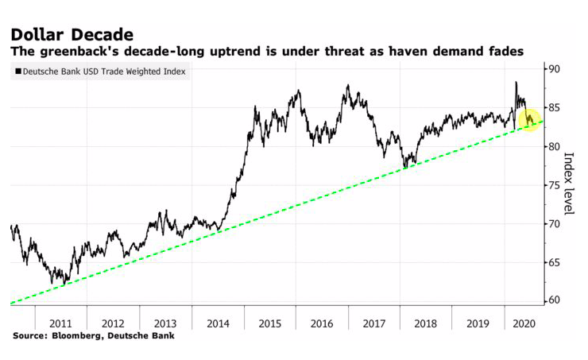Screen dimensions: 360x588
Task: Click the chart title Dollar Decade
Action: [x=72, y=34]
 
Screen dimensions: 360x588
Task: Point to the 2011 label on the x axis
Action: [x=60, y=323]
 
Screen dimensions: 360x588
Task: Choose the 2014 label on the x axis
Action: [x=217, y=323]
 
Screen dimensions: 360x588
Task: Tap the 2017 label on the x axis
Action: [x=373, y=323]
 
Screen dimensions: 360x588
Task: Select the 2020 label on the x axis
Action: [x=523, y=323]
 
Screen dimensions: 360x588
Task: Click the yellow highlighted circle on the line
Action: [x=530, y=120]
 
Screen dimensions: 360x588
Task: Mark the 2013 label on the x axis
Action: [x=164, y=323]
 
